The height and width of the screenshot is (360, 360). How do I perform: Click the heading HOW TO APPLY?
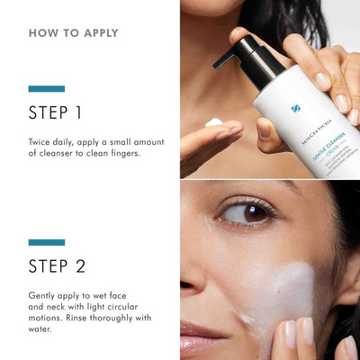click(x=73, y=33)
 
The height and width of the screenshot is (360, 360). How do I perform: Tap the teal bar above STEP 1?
click(x=47, y=89)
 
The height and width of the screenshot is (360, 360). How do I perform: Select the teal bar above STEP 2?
click(x=47, y=242)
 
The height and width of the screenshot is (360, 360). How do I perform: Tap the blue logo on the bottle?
click(x=295, y=109)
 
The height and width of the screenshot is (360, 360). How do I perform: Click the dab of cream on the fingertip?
click(x=214, y=122)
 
